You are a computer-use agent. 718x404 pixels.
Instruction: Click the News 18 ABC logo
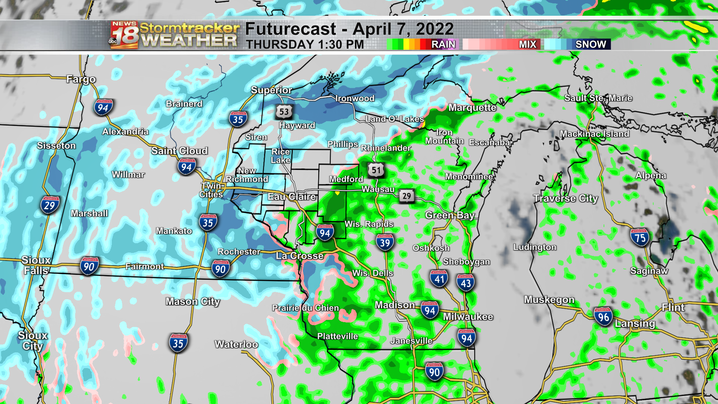[x=124, y=35]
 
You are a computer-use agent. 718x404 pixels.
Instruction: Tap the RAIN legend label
[x=443, y=44]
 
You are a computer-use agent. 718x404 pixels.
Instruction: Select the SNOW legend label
[x=590, y=44]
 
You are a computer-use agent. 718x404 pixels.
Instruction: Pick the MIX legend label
[x=527, y=44]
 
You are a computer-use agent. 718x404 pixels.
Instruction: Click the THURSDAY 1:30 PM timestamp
[x=305, y=45]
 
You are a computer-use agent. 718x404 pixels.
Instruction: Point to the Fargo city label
[x=81, y=79]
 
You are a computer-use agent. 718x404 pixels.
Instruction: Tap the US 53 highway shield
[x=284, y=111]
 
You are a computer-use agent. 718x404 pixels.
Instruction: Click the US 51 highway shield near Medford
[x=376, y=170]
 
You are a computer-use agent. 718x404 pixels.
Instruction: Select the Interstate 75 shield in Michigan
[x=640, y=237]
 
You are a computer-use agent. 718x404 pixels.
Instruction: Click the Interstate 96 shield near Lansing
[x=603, y=317]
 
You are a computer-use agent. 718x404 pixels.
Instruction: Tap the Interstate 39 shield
[x=385, y=242]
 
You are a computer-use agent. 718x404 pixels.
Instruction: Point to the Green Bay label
[x=450, y=215]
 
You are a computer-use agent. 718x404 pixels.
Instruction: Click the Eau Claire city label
[x=292, y=197]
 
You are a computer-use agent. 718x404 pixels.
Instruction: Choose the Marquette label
[x=472, y=108]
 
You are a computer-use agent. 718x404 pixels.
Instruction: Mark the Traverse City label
[x=565, y=198]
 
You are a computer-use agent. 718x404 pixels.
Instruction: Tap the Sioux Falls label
[x=36, y=265]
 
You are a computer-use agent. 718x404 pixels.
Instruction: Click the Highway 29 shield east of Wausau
[x=406, y=196]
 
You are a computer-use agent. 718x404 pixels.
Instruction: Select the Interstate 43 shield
[x=466, y=283]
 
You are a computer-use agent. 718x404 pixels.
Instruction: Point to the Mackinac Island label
[x=594, y=134]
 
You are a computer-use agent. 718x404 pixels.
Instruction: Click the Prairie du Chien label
[x=305, y=308]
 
